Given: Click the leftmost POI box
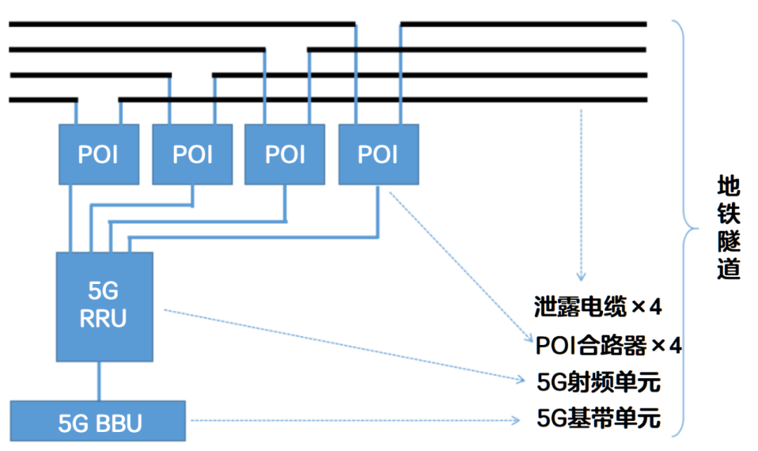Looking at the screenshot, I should click(x=98, y=154).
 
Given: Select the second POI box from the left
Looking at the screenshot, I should click(x=192, y=154).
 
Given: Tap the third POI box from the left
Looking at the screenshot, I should click(x=285, y=154).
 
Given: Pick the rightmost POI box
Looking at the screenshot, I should click(x=378, y=154).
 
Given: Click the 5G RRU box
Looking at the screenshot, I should click(x=104, y=306).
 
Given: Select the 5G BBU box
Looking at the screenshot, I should click(x=98, y=423).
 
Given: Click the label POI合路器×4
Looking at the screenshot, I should click(x=608, y=346).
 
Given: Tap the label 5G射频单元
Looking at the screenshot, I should click(x=598, y=382).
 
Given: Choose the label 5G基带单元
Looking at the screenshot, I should click(x=598, y=419).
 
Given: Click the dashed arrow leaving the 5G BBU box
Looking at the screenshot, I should click(x=351, y=421).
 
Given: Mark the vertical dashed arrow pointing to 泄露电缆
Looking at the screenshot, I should click(x=580, y=196).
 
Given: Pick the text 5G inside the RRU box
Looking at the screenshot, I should click(x=103, y=289).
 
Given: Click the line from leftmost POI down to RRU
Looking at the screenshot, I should click(x=71, y=217).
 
